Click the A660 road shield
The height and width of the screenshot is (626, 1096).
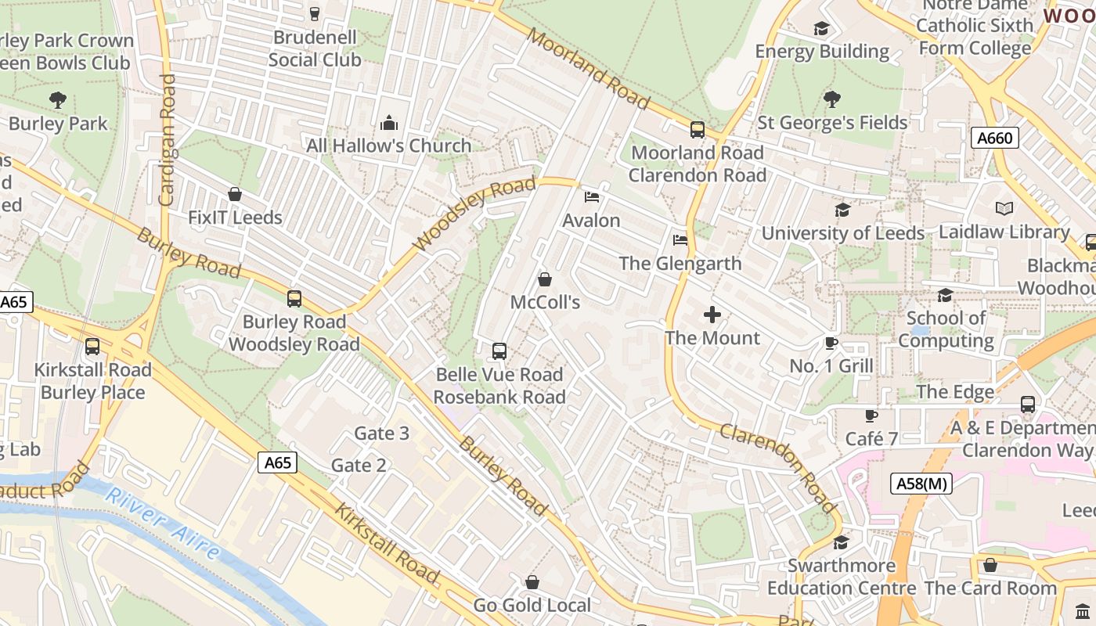pos(995,139)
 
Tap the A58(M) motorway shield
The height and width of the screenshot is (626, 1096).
pos(920,484)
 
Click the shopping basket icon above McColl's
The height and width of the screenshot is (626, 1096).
pos(545,279)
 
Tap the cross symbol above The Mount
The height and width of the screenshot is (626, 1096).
pos(712,315)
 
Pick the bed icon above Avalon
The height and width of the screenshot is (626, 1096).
pos(592,196)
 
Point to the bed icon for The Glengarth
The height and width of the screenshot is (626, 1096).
pos(680,239)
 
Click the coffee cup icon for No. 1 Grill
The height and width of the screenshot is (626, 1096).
pos(831,343)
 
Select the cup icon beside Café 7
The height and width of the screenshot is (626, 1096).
pos(871,416)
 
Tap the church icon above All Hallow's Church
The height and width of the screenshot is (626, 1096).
pos(388,123)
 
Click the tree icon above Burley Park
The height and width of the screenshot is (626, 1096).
pos(57,100)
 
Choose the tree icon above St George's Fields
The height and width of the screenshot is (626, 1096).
pos(831,99)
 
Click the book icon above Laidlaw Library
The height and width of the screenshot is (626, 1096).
pos(1004,208)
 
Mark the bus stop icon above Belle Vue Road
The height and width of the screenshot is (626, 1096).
pos(499,351)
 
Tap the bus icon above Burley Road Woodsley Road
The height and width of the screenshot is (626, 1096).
pos(294,298)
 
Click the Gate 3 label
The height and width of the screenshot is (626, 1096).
pos(381,433)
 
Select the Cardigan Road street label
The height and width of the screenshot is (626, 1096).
pos(167,141)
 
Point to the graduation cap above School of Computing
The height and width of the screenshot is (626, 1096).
pos(945,295)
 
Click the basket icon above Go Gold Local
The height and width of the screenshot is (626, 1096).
pos(532,582)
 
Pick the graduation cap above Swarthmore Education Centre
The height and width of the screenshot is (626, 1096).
pos(841,542)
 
